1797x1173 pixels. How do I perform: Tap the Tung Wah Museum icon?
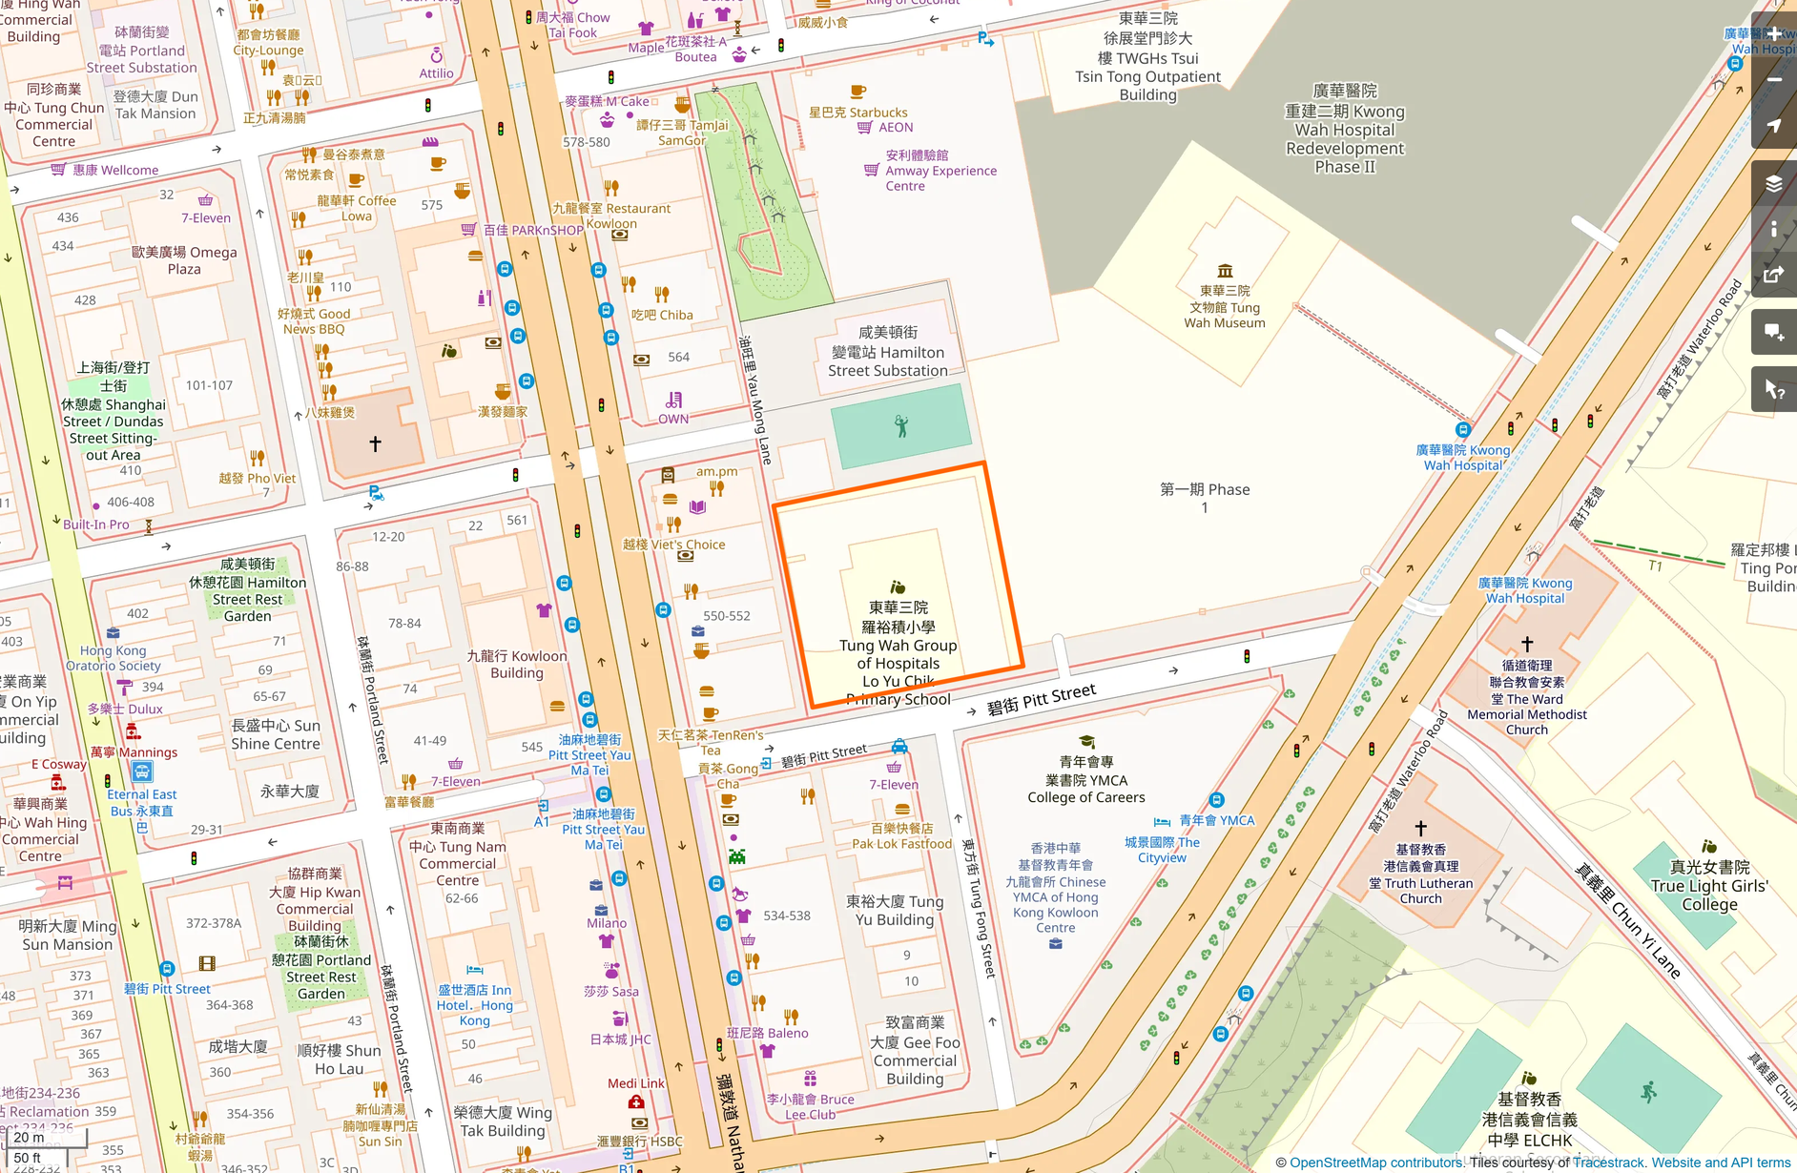(x=1225, y=271)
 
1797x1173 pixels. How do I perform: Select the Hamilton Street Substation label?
(x=887, y=352)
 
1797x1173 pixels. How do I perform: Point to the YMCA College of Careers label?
(x=1085, y=779)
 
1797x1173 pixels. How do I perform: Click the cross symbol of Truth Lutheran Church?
(x=1420, y=828)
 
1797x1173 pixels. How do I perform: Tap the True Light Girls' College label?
(x=1708, y=886)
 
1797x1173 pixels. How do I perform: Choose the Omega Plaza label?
(x=184, y=260)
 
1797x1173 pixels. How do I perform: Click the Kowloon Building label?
(x=516, y=664)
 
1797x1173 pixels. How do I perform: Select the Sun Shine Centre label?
(x=275, y=734)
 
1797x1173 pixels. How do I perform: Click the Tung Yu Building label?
(x=894, y=910)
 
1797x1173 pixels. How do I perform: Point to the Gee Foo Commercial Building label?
(x=914, y=1050)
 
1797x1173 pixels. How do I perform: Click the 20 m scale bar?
(x=44, y=1138)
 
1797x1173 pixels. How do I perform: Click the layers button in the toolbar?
(x=1773, y=183)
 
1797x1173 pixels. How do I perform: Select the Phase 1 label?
(x=1204, y=497)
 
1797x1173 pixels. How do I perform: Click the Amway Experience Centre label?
(x=940, y=171)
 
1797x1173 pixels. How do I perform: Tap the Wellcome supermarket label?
(x=114, y=170)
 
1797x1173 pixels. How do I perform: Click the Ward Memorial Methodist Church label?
(x=1526, y=698)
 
